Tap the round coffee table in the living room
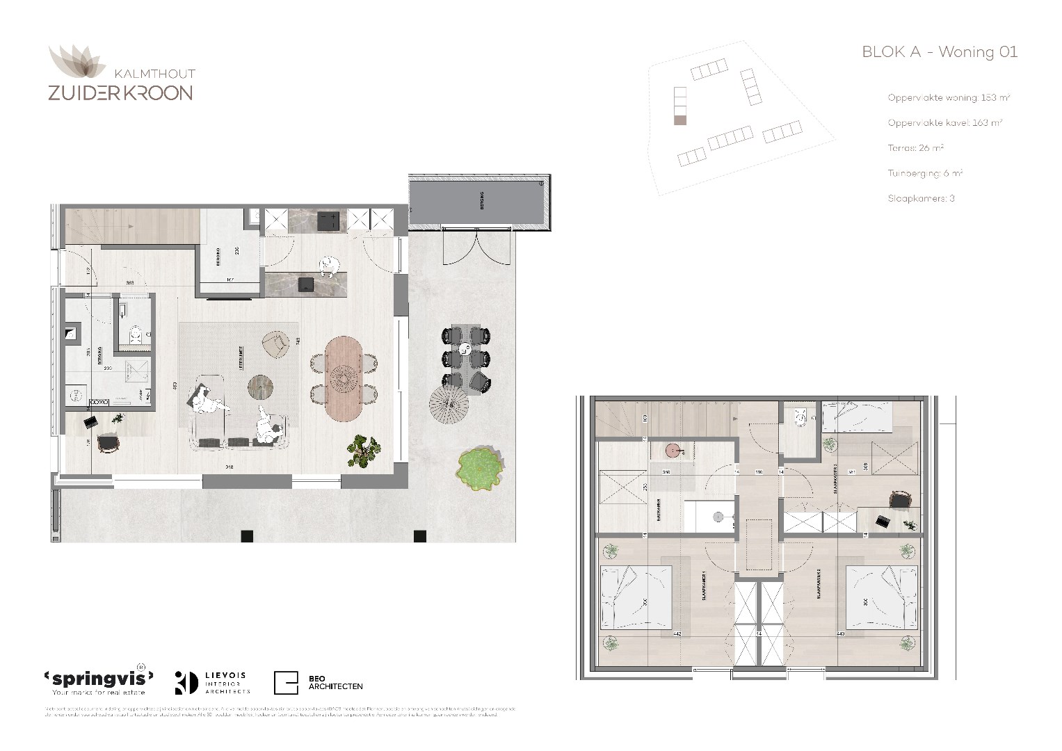[x=261, y=387]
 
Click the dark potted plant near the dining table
[x=364, y=450]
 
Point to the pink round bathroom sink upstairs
[x=672, y=451]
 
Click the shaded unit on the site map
[x=680, y=121]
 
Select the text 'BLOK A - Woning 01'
[x=939, y=52]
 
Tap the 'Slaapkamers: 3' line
[x=921, y=198]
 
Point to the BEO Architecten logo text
[x=335, y=682]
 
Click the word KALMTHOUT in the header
[x=154, y=74]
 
